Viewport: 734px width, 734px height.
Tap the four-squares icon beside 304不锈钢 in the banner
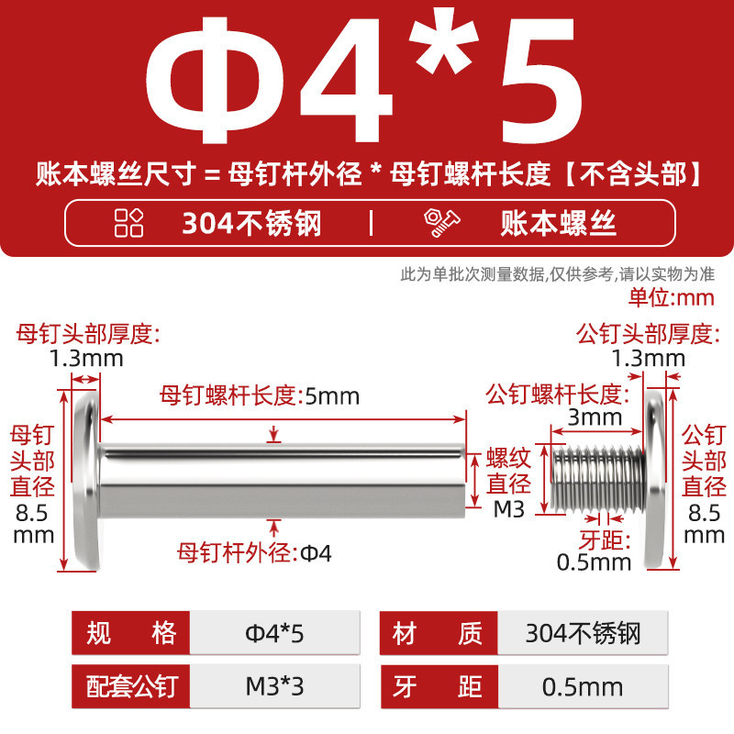(x=128, y=223)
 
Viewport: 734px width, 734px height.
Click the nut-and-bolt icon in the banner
(x=441, y=223)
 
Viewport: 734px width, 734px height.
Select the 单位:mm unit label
(x=672, y=297)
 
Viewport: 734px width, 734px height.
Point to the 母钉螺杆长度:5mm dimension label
(x=260, y=395)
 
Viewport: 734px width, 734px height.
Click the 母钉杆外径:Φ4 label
(x=254, y=553)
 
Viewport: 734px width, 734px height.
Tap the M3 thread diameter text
(x=509, y=509)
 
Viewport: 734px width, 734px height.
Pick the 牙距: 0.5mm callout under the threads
(x=595, y=551)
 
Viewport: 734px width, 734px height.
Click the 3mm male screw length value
(x=595, y=417)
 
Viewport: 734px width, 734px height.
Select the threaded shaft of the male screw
(x=598, y=479)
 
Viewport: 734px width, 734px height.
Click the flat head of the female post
(x=87, y=480)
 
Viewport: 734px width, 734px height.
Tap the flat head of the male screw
(x=654, y=480)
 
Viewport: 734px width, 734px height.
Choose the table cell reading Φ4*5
(x=274, y=633)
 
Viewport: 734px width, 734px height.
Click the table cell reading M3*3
(x=274, y=686)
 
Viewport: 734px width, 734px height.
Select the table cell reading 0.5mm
(x=583, y=686)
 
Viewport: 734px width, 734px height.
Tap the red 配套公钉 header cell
(x=131, y=686)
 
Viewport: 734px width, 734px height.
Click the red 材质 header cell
(x=439, y=633)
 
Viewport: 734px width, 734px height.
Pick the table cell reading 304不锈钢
(x=583, y=633)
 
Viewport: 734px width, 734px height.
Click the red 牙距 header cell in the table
(x=439, y=686)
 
